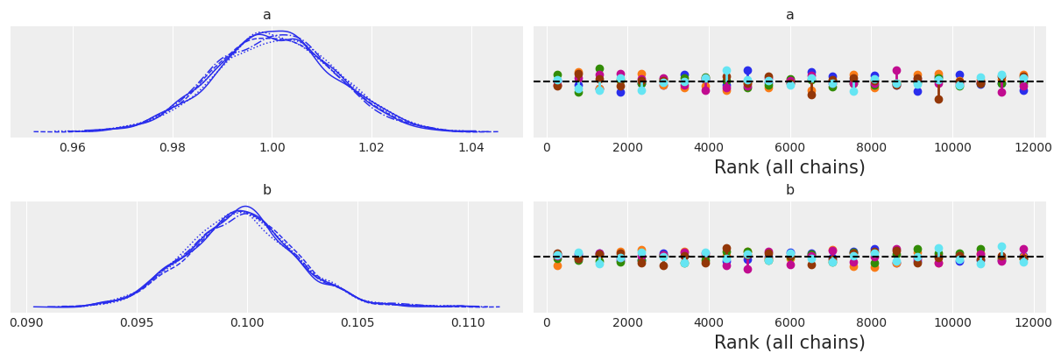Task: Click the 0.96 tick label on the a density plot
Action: (73, 148)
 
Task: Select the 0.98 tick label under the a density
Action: (173, 148)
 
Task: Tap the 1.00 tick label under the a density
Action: (272, 148)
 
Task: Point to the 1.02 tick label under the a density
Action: (371, 148)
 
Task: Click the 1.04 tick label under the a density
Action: (471, 148)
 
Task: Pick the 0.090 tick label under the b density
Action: (27, 323)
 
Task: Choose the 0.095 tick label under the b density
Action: (137, 323)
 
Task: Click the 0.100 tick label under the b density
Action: (246, 323)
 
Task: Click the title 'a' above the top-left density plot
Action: (266, 15)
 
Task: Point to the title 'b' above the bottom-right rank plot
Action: (789, 190)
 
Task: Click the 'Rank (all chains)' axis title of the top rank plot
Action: (789, 167)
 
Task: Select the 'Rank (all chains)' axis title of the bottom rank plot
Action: (789, 342)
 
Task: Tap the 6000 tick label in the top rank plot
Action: (789, 146)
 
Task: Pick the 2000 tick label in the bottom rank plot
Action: (627, 321)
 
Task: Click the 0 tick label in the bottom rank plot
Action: (547, 321)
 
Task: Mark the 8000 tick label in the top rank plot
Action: (871, 146)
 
